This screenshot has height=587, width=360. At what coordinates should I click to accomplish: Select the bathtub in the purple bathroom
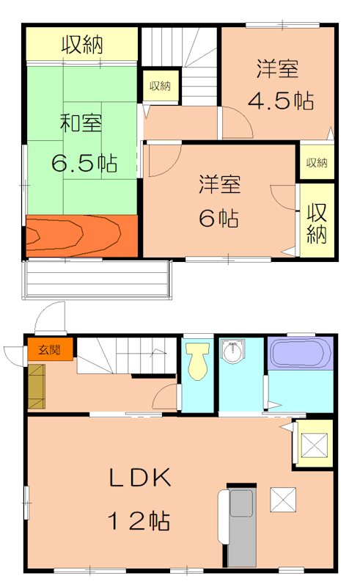(x=301, y=354)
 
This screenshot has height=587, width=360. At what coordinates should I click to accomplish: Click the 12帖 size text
(x=139, y=521)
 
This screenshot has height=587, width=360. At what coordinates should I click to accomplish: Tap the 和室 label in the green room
(x=81, y=123)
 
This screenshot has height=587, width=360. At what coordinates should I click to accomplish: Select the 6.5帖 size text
(x=84, y=162)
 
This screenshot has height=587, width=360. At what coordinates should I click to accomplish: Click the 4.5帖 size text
(x=282, y=100)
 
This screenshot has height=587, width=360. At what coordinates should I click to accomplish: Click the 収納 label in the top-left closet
(x=82, y=45)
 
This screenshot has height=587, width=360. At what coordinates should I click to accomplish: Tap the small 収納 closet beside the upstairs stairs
(x=160, y=87)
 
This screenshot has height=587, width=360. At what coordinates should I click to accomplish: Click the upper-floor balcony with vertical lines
(x=97, y=280)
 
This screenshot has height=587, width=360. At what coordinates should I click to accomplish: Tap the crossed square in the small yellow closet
(x=314, y=445)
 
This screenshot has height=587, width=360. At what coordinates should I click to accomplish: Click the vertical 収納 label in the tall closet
(x=317, y=223)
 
